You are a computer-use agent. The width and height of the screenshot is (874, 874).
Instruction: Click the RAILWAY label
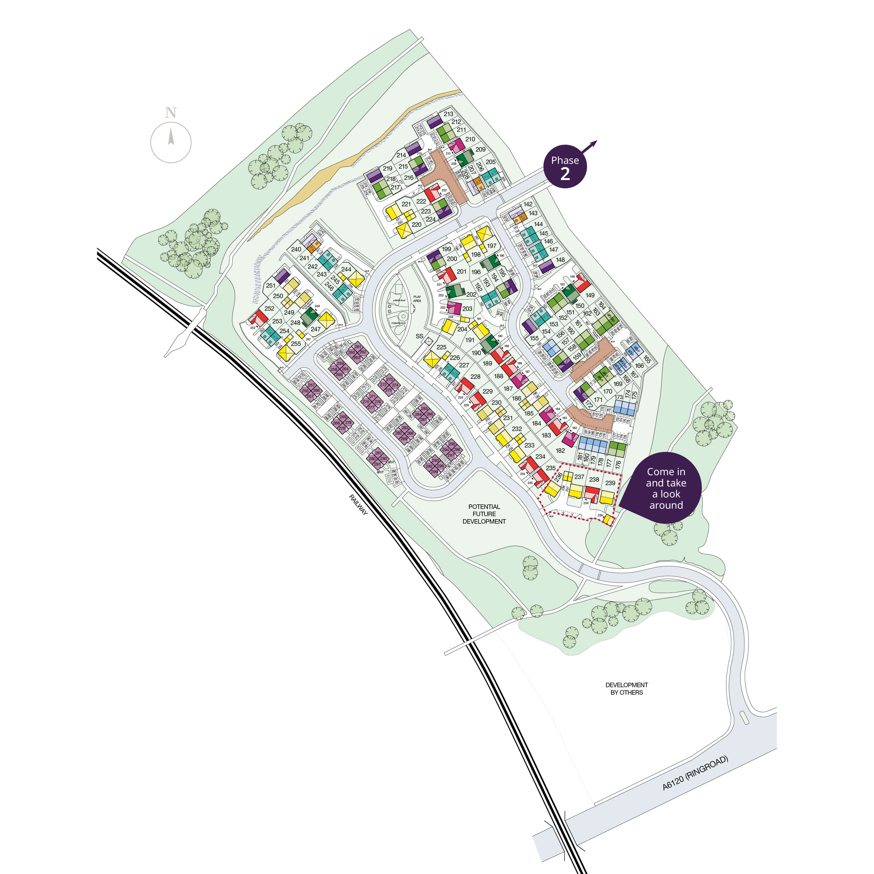358,504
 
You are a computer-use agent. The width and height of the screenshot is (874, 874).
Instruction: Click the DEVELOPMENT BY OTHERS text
627,688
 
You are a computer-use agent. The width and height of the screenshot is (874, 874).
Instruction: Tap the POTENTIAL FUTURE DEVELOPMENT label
484,514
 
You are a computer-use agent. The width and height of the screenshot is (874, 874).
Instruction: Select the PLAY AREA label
417,299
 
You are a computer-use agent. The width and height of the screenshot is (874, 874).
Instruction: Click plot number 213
448,114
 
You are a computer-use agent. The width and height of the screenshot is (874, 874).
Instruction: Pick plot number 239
610,483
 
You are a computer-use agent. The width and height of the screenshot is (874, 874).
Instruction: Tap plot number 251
270,285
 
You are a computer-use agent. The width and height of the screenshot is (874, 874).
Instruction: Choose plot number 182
560,450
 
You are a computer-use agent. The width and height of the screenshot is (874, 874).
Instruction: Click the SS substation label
419,336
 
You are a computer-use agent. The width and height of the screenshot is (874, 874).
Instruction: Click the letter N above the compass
171,113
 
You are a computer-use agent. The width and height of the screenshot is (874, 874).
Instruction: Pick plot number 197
492,246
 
